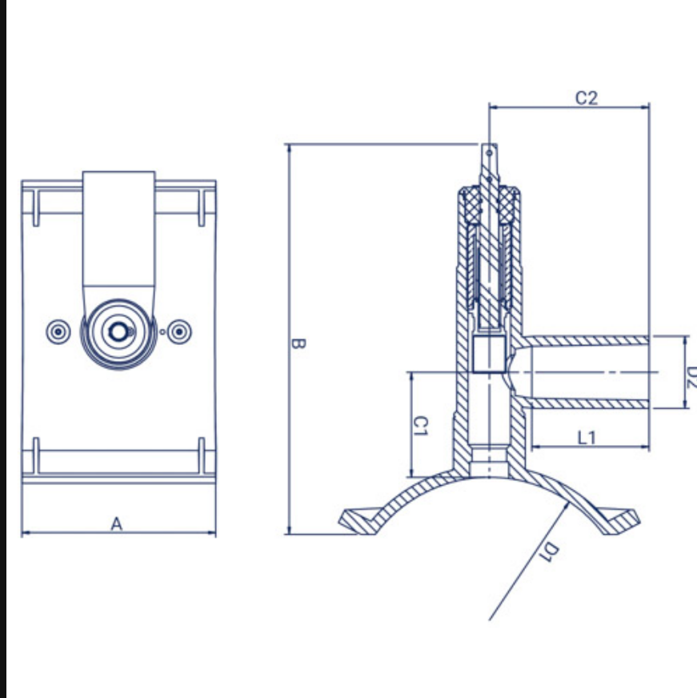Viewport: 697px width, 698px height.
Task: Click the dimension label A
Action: (117, 524)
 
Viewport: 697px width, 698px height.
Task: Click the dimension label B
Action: (298, 343)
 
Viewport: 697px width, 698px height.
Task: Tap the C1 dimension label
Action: (421, 426)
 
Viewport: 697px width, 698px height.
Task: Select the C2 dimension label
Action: (587, 98)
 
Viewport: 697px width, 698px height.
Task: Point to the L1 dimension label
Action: (587, 438)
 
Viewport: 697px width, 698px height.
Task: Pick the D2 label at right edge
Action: (691, 376)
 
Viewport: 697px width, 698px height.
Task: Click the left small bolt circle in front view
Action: (58, 331)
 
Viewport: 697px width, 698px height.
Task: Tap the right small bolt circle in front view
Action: (179, 331)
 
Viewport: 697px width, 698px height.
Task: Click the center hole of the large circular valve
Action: (118, 332)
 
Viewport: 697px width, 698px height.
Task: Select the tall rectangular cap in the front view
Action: (119, 229)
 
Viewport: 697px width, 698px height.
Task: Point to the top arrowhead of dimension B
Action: (290, 148)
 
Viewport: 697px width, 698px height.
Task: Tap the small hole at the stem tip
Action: (489, 153)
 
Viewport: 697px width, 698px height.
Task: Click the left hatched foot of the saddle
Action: (359, 521)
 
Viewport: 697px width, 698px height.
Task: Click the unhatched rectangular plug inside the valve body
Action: (489, 355)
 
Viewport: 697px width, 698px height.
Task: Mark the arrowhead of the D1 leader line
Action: (566, 506)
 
